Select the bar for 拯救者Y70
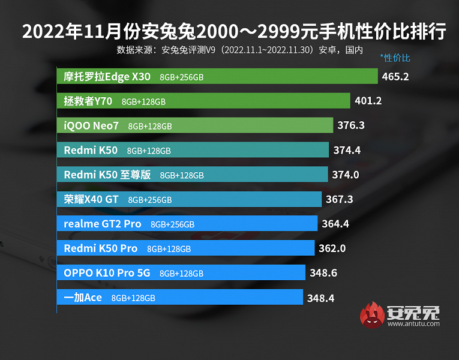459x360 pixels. tap(203, 101)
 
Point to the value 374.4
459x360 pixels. tap(347, 151)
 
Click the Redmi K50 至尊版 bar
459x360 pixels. tap(193, 175)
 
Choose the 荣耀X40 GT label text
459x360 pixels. tap(91, 199)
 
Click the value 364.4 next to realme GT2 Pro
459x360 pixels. tap(336, 224)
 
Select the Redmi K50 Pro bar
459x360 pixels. tap(185, 248)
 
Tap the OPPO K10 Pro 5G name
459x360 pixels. tap(107, 273)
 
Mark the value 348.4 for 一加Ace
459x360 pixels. tap(321, 298)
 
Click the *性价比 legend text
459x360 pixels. tap(395, 58)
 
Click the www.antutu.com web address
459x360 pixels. tap(413, 325)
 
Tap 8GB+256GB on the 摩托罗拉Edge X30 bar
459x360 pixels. tap(181, 77)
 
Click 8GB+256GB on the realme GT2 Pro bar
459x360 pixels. tap(172, 224)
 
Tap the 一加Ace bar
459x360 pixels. tap(180, 298)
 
